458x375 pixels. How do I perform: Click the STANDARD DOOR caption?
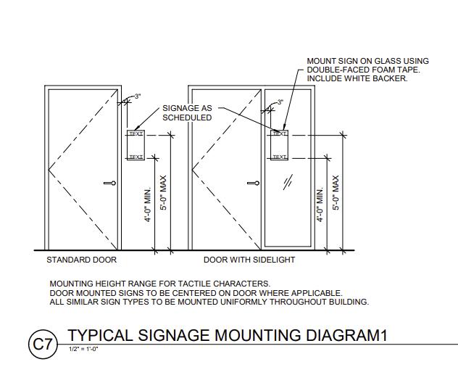(81, 260)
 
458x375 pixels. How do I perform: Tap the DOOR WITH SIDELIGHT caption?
(249, 260)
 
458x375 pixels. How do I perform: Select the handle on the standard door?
(109, 183)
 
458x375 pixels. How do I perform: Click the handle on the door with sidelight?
(253, 183)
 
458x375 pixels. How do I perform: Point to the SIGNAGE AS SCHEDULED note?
(187, 112)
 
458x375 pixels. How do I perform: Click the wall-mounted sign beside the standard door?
(136, 145)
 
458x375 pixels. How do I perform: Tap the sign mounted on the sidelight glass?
(280, 145)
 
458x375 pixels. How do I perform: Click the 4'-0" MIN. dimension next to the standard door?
(149, 205)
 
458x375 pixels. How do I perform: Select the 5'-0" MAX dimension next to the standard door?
(165, 194)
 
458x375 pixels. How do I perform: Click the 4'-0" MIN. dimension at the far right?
(320, 205)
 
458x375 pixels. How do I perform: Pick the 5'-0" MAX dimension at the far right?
(336, 194)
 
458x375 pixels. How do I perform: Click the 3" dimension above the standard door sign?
(136, 97)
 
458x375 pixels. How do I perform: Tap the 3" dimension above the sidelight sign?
(280, 102)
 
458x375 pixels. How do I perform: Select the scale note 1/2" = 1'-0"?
(83, 350)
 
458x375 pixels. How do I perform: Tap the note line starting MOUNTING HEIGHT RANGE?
(159, 284)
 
